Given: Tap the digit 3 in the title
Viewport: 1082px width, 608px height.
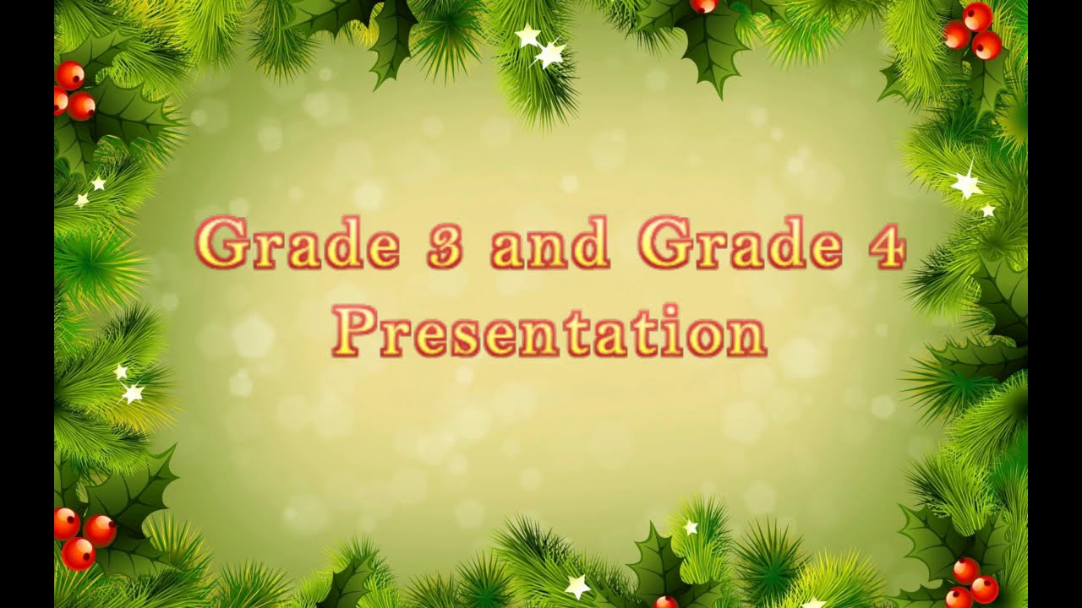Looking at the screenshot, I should (x=444, y=244).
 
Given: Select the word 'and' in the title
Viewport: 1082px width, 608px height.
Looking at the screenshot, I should (x=550, y=243).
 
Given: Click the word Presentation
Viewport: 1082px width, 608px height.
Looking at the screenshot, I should (x=549, y=331).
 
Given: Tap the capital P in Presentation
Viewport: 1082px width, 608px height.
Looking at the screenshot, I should (x=351, y=331).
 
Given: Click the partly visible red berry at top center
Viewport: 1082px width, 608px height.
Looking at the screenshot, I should (x=703, y=5).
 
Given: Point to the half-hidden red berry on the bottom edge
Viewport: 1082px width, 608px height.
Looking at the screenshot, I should (x=666, y=602).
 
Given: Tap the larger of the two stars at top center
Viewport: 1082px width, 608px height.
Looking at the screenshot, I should (x=550, y=55).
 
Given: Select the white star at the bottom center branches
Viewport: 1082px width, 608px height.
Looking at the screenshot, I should (x=578, y=585).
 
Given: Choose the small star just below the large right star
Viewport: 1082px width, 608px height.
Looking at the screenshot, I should (x=987, y=210).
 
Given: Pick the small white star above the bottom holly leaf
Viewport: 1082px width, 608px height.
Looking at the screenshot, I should (x=691, y=527).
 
